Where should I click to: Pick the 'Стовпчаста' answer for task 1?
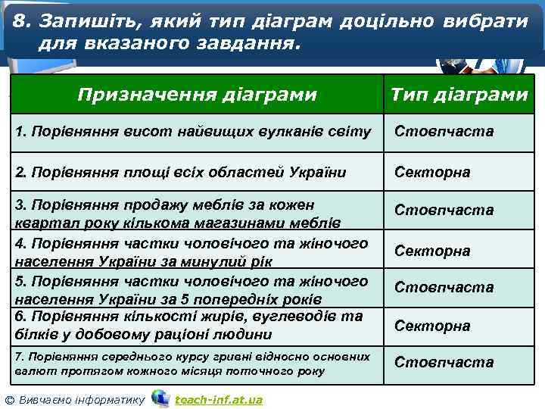click(444, 132)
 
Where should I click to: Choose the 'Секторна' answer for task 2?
click(432, 172)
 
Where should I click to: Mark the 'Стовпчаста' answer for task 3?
click(444, 210)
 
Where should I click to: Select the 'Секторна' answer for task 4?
click(432, 251)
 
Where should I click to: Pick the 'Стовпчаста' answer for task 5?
click(444, 288)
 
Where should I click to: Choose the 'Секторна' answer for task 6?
click(432, 326)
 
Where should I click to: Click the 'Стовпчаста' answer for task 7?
click(444, 363)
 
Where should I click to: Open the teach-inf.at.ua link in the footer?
click(219, 399)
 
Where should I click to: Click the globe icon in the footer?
click(160, 398)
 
